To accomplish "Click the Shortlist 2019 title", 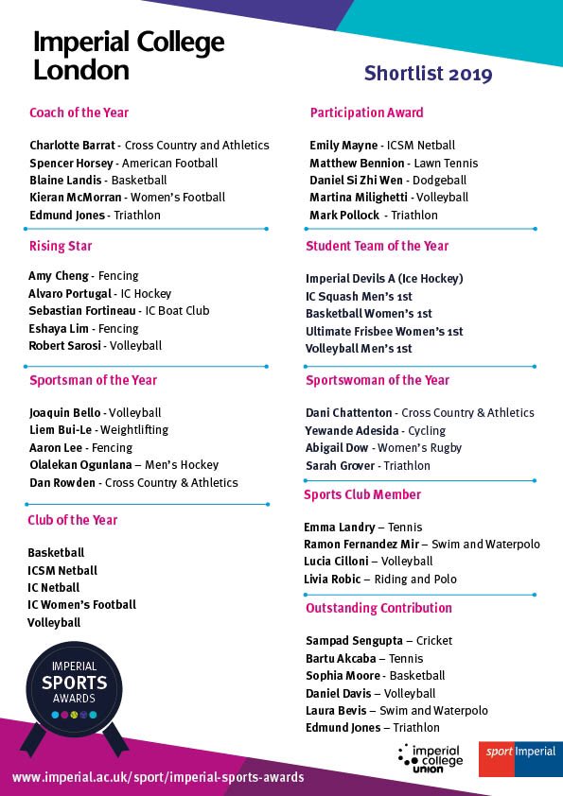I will pos(428,74).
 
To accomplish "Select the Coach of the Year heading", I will pos(79,112).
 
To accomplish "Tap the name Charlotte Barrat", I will pos(73,146).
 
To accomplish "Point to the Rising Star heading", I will pos(61,246).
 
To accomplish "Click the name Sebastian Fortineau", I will pos(84,311).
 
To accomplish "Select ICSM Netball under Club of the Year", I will pos(62,570).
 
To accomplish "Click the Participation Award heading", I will pos(366,112).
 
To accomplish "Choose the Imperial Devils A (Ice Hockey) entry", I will pos(384,279).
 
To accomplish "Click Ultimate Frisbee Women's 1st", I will pos(384,331).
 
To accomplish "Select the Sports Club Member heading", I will pos(362,494).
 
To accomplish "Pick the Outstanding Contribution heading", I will pos(378,608).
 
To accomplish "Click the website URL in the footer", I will pos(158,777).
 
